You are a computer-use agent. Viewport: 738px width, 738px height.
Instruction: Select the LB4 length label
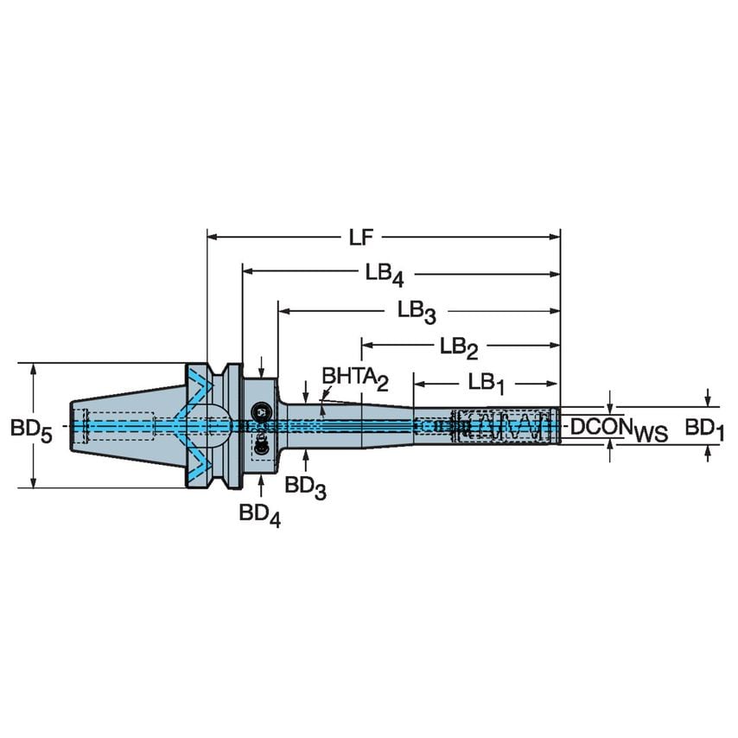(382, 274)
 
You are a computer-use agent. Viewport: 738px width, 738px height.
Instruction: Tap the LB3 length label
(416, 310)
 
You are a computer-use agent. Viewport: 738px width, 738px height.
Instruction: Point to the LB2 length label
(459, 347)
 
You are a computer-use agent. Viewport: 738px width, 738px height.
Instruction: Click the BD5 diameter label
(31, 429)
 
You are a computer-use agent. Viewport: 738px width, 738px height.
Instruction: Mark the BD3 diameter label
(305, 488)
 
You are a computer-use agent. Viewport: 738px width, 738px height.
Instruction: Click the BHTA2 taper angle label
(356, 377)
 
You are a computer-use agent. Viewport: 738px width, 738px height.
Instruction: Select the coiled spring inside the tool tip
(506, 426)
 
